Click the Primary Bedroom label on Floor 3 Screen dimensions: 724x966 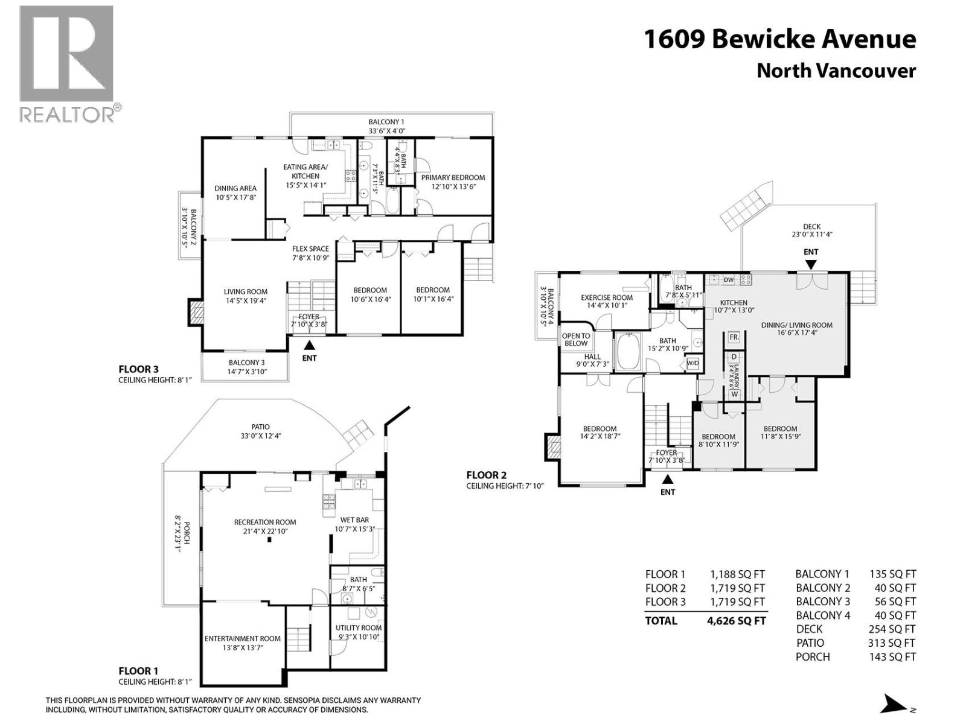click(453, 177)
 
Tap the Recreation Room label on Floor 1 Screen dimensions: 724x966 click(265, 522)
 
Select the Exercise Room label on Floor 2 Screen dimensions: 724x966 click(607, 297)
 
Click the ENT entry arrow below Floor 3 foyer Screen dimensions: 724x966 click(309, 346)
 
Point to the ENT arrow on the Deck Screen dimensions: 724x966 click(811, 264)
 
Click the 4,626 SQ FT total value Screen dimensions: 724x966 click(736, 621)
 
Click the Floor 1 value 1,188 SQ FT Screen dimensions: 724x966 click(737, 574)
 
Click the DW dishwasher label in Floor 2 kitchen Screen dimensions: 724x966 click(729, 280)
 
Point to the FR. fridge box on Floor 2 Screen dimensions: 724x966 click(734, 337)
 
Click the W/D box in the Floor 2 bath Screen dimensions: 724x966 click(693, 363)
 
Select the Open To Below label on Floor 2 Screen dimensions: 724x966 click(576, 340)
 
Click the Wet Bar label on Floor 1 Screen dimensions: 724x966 click(354, 519)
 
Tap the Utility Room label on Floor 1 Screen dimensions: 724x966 click(359, 627)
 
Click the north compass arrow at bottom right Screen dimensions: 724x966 click(892, 704)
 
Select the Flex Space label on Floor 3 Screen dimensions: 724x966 click(310, 249)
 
